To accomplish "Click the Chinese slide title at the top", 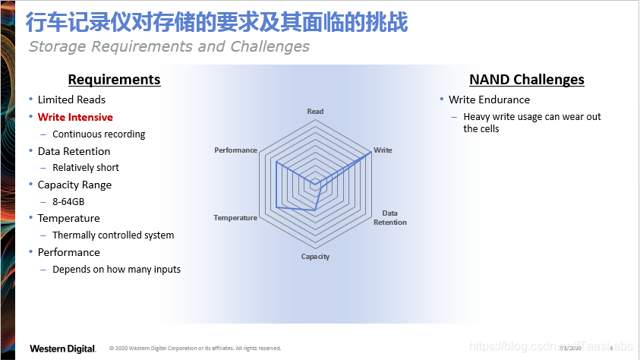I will [x=216, y=22].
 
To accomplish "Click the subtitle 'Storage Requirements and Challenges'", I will [x=169, y=46].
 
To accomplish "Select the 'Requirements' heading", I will [x=114, y=80].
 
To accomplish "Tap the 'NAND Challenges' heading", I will [x=526, y=80].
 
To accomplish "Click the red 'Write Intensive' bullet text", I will [x=75, y=117].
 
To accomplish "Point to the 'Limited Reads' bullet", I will [x=71, y=99].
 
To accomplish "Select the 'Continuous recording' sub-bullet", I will [x=99, y=134].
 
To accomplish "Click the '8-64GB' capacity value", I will [x=68, y=201].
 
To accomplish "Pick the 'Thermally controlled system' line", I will [x=113, y=235].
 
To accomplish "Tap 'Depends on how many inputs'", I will [x=116, y=270].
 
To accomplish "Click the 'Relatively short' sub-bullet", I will [x=86, y=168].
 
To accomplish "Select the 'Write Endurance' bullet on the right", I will [x=489, y=99].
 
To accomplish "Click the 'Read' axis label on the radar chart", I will [x=315, y=112].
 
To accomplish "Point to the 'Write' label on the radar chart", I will [x=383, y=150].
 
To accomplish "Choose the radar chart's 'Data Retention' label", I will [x=390, y=218].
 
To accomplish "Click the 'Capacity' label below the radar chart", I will [x=315, y=257].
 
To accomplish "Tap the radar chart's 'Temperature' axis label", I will [x=235, y=218].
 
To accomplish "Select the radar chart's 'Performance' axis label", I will [x=235, y=150].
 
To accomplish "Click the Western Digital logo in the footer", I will [x=62, y=349].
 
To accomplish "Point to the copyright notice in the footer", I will [x=195, y=349].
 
